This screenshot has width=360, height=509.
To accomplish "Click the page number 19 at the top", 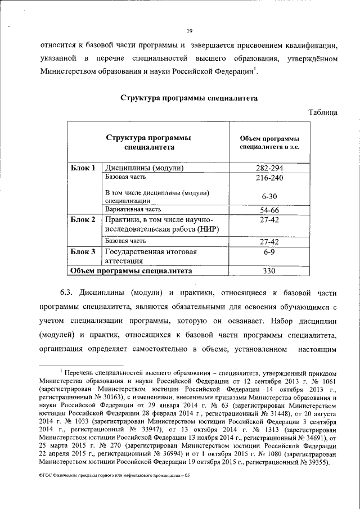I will pos(190,31).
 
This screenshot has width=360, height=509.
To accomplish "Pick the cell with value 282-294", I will pos(269,168).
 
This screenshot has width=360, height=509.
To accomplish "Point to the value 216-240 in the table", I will pos(269,178).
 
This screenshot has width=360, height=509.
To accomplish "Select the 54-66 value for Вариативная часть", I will pos(269,210).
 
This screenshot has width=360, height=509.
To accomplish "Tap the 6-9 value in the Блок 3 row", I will pos(269,253).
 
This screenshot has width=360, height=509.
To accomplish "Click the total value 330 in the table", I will pos(269,271).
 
